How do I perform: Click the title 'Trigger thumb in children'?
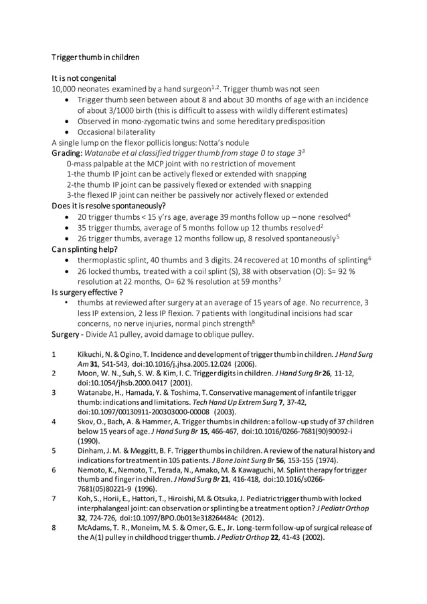click(96, 57)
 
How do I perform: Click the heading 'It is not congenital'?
click(84, 78)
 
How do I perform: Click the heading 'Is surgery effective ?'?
click(88, 292)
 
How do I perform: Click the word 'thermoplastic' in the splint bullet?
click(104, 259)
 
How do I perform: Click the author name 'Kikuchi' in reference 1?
click(88, 353)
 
